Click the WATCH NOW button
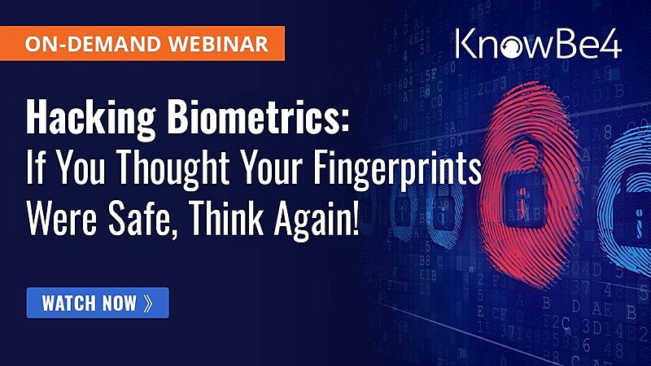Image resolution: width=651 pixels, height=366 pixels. pos(98,303)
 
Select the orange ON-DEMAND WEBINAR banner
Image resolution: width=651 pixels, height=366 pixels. pos(143,43)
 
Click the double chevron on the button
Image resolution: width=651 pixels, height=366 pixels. pos(148,303)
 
